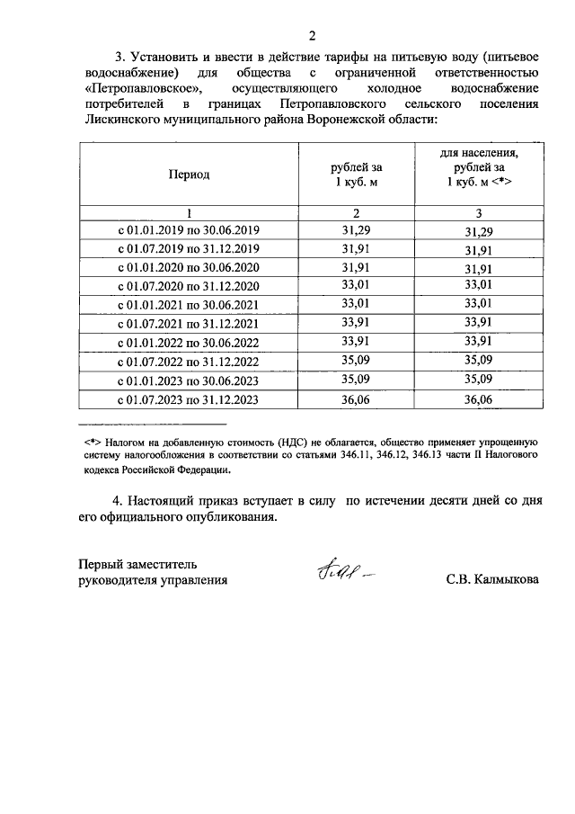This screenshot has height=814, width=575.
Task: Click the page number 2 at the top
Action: (312, 36)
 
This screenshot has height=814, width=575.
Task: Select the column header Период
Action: (189, 174)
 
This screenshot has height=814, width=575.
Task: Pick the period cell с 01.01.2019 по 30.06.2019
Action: (189, 230)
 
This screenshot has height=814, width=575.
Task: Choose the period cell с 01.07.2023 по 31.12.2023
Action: (189, 401)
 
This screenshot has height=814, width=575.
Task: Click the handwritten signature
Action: (342, 572)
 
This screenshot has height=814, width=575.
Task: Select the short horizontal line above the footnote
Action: (153, 424)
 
